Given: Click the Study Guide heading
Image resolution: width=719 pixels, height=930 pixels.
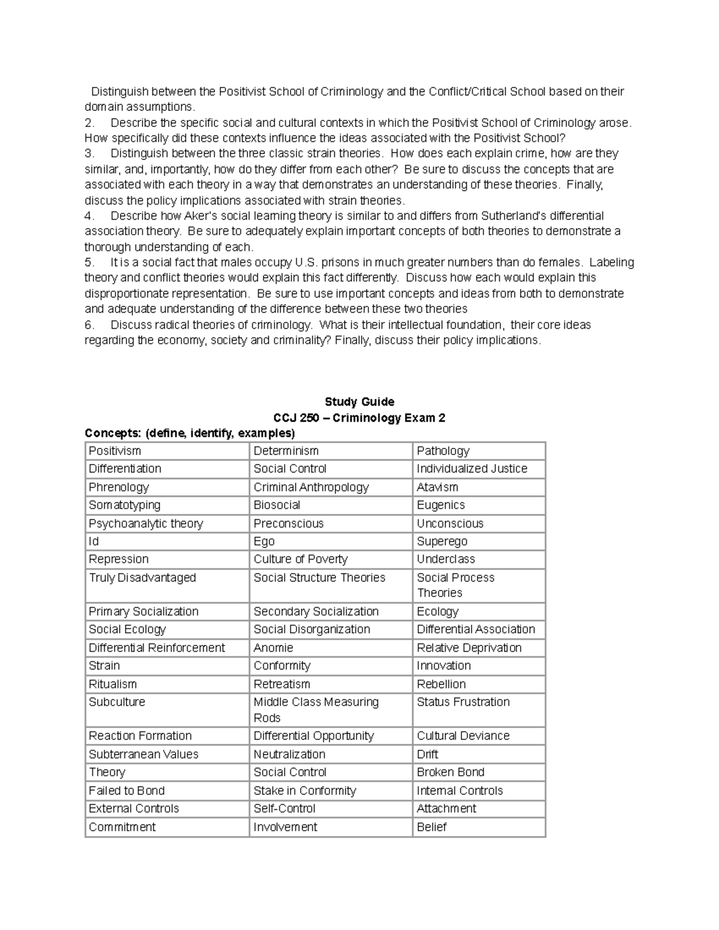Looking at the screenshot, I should pos(359,402).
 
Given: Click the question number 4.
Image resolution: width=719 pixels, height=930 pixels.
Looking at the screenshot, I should pos(89,216).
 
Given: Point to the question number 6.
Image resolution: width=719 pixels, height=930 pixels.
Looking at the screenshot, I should pos(89,325).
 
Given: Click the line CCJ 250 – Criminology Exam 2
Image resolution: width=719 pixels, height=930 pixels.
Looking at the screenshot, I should pos(359,418).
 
